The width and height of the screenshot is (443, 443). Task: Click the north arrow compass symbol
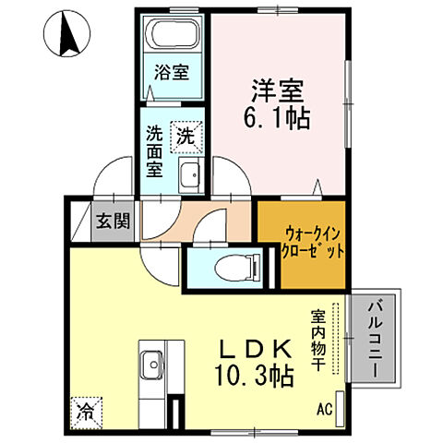67,36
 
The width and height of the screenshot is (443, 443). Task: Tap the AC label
324,407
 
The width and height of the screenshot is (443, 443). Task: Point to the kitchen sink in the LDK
150,367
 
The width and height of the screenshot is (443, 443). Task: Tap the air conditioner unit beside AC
341,406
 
